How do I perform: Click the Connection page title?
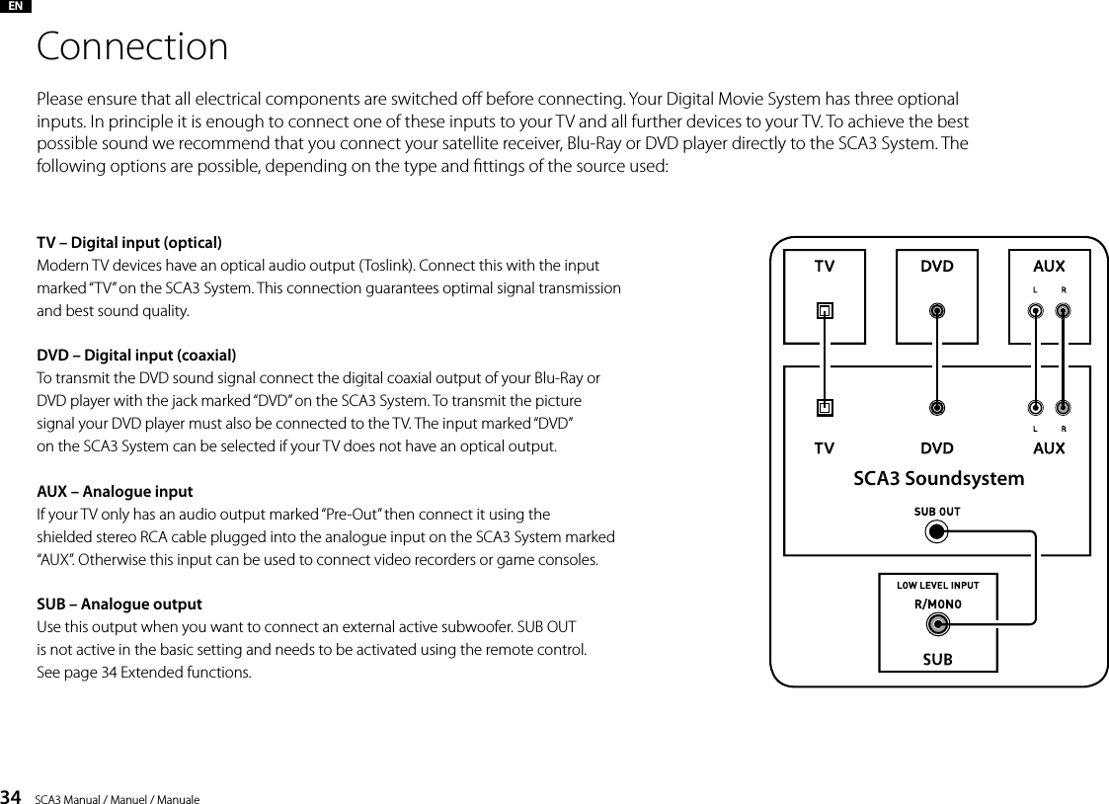(132, 47)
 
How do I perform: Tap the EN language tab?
(16, 6)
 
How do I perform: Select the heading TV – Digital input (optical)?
(128, 243)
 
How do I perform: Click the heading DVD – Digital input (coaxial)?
(135, 356)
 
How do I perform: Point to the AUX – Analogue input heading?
(115, 491)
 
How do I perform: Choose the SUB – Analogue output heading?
(119, 603)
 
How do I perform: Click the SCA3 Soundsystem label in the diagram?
(937, 479)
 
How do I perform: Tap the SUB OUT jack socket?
(936, 533)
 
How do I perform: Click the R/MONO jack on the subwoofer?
(937, 624)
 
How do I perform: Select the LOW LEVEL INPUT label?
(937, 585)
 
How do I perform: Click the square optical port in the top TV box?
(825, 310)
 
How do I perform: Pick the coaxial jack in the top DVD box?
(937, 310)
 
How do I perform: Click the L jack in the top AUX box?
(1035, 310)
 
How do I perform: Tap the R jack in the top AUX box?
(1063, 310)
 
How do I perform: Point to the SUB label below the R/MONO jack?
(937, 659)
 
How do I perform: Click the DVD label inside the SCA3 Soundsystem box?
(937, 448)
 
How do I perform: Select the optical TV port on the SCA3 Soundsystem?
(825, 406)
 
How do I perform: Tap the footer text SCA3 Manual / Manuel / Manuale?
(117, 798)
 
